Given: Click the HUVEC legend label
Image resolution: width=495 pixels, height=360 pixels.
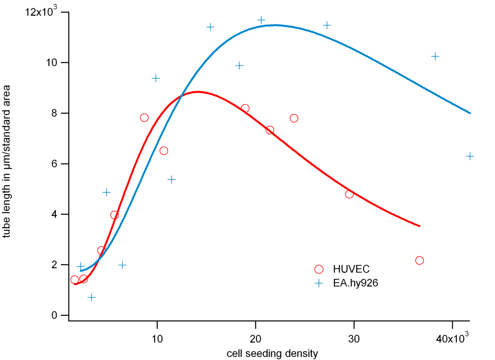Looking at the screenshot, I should [x=352, y=269].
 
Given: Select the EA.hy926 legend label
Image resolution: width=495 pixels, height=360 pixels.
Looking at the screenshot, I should [x=356, y=283].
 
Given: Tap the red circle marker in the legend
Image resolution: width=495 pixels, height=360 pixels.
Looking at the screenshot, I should [x=318, y=269].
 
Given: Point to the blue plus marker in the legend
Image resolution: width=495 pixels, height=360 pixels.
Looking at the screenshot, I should [x=318, y=283].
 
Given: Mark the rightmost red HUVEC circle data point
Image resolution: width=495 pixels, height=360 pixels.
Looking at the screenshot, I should [x=419, y=260].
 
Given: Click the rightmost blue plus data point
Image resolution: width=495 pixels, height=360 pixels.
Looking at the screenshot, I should [x=470, y=156].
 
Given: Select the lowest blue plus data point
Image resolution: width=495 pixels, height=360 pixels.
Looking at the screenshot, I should [x=91, y=297].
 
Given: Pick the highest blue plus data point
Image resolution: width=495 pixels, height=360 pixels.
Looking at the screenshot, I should [x=261, y=20].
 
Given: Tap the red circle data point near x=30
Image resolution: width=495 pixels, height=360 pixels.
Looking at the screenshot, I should [x=349, y=194].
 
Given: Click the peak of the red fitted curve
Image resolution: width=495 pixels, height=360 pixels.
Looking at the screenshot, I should [x=198, y=92].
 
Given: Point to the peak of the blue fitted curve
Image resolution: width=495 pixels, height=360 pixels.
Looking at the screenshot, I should [x=275, y=25].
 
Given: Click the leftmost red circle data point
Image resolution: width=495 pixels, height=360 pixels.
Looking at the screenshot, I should [x=75, y=280].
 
